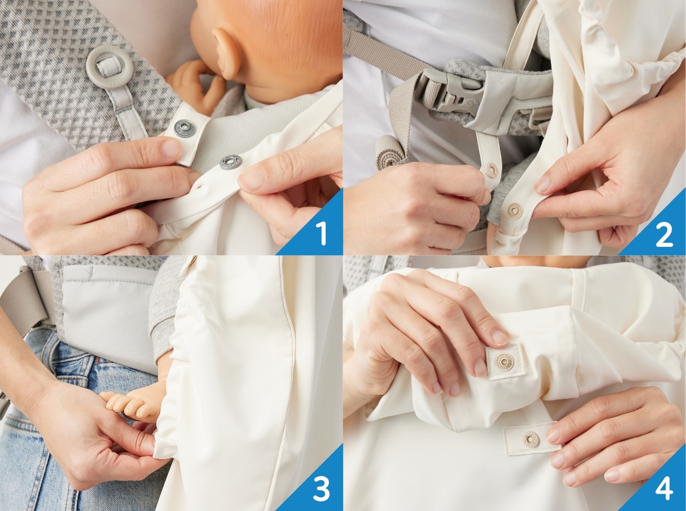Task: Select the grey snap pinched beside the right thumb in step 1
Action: (x=230, y=162)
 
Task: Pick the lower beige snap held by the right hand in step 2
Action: (x=515, y=210)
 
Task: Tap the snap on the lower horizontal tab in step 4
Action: (x=531, y=440)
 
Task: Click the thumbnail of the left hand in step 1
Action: (x=171, y=148)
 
